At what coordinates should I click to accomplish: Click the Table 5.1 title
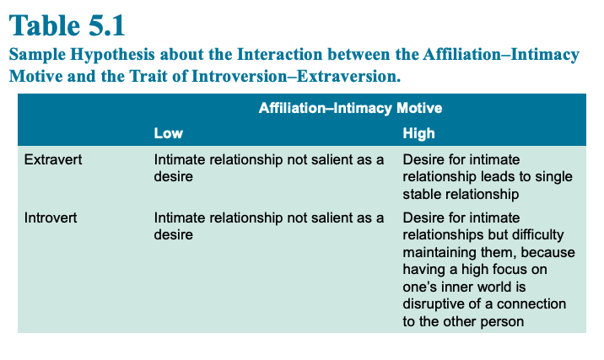click(67, 25)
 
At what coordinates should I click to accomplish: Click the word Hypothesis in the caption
click(112, 54)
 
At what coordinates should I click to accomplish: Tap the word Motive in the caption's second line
click(35, 76)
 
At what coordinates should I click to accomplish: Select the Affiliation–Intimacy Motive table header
click(350, 108)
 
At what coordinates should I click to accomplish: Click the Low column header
click(169, 133)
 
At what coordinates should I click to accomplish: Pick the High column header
click(418, 133)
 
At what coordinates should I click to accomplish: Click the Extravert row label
click(53, 159)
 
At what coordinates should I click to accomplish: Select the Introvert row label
click(51, 218)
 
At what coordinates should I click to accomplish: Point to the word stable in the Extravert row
click(422, 194)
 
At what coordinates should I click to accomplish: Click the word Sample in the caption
click(37, 54)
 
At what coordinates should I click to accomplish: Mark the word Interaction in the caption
click(280, 54)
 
